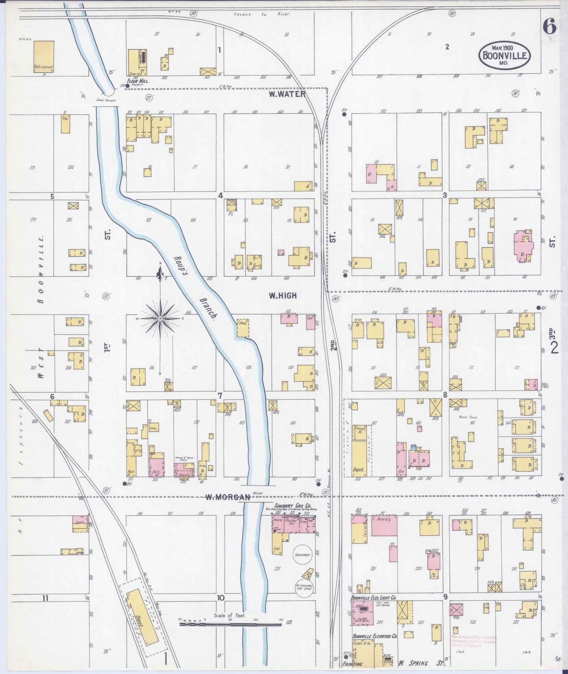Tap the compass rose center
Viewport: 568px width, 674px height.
pyautogui.click(x=160, y=318)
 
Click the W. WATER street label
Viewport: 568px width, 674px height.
pyautogui.click(x=287, y=94)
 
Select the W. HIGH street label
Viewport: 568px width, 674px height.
pyautogui.click(x=283, y=296)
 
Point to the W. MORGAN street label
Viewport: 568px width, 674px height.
pyautogui.click(x=228, y=497)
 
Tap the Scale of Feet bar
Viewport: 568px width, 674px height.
pyautogui.click(x=230, y=624)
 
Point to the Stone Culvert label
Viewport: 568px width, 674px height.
pyautogui.click(x=105, y=100)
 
